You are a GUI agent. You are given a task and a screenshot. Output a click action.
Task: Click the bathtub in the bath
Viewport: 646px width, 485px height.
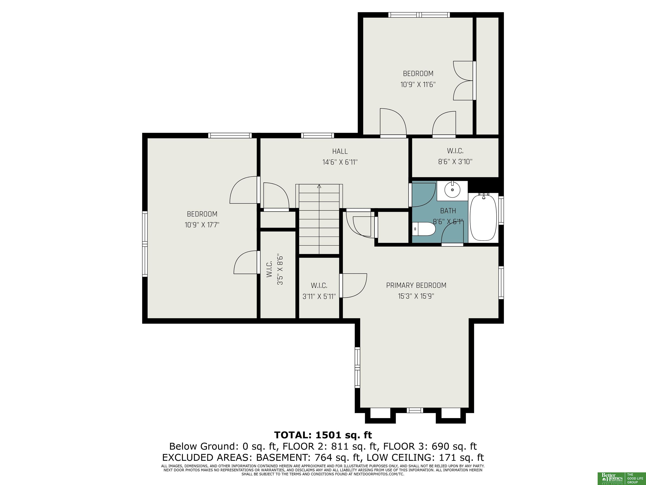tap(483, 217)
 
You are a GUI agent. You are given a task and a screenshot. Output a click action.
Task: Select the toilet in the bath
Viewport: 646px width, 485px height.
tap(424, 229)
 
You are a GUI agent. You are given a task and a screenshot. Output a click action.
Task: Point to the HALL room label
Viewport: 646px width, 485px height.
tap(340, 151)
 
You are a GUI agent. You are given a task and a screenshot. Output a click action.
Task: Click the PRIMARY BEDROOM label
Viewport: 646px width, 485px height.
tap(416, 285)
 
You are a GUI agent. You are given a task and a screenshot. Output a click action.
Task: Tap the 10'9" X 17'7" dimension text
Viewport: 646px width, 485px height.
tap(202, 225)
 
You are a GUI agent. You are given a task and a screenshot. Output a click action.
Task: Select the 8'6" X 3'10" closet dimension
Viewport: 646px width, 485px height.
tap(455, 162)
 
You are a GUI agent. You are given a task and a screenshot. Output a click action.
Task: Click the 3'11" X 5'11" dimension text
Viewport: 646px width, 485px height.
tap(319, 296)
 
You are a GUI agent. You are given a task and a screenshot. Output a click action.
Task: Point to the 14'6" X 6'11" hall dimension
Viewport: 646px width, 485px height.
tap(340, 162)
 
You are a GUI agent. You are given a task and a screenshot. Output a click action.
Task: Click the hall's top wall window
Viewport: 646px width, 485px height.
tap(318, 135)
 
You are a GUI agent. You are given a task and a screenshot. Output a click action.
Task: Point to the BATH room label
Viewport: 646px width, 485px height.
tap(448, 211)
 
